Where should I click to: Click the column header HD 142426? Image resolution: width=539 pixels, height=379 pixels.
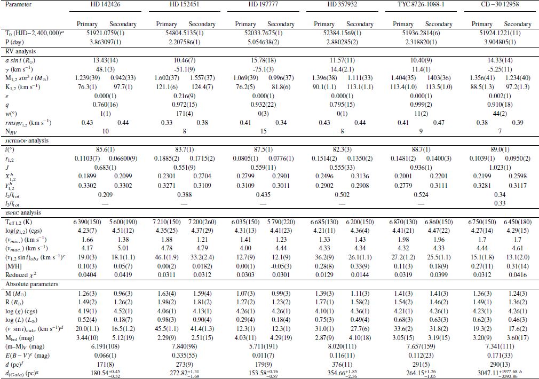tap(107, 4)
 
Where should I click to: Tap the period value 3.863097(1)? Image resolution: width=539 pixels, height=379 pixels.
tap(107, 42)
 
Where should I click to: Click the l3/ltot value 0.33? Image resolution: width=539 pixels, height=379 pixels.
tap(500, 203)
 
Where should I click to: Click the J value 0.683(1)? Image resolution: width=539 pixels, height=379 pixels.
tap(107, 168)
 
